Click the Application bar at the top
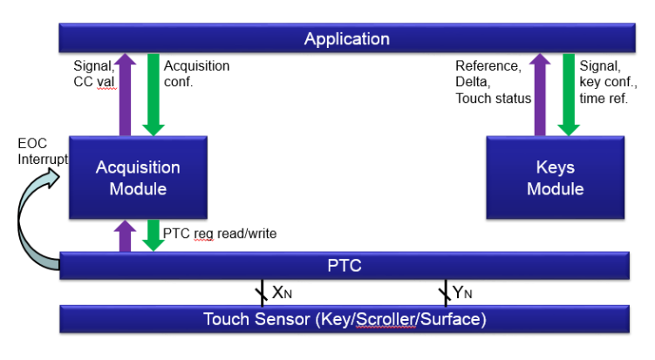pos(347,38)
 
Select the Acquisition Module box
pos(138,178)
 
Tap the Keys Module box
pos(556,178)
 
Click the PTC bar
pos(345,266)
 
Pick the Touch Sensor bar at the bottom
pos(345,319)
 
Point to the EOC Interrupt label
pos(42,151)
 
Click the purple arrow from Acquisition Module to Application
pos(125,95)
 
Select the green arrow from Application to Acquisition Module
pos(154,95)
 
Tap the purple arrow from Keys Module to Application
pos(540,95)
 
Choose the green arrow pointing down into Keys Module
pos(569,95)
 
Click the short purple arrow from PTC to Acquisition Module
pos(125,236)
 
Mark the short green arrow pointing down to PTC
pos(154,235)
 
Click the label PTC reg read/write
pos(220,234)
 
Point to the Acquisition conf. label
pos(196,73)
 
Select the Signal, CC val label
pos(94,73)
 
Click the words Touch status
pos(494,98)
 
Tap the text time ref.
pos(604,98)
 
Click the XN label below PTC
pos(282,293)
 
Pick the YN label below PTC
pos(462,293)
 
